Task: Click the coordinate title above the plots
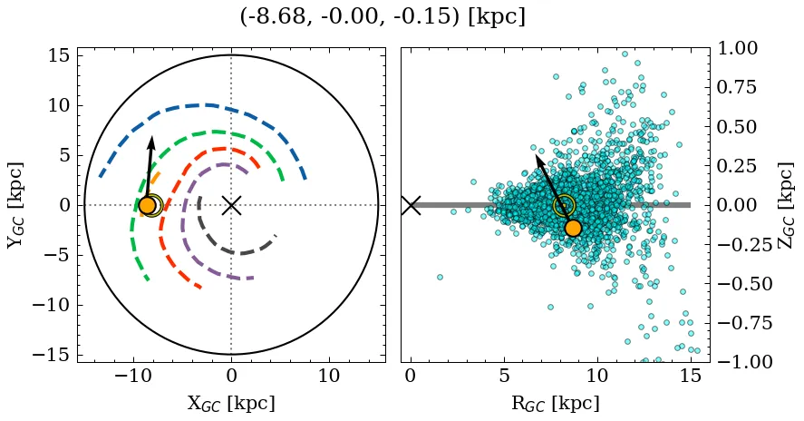(383, 17)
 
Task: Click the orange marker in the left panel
(147, 206)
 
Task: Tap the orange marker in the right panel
(572, 228)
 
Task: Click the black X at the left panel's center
(231, 205)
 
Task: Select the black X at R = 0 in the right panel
(411, 205)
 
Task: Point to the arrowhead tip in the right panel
(536, 154)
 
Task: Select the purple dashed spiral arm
(186, 227)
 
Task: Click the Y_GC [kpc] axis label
(15, 205)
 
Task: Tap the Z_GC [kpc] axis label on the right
(786, 205)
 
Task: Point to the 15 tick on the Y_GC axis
(58, 56)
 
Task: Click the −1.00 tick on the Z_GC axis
(741, 362)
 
